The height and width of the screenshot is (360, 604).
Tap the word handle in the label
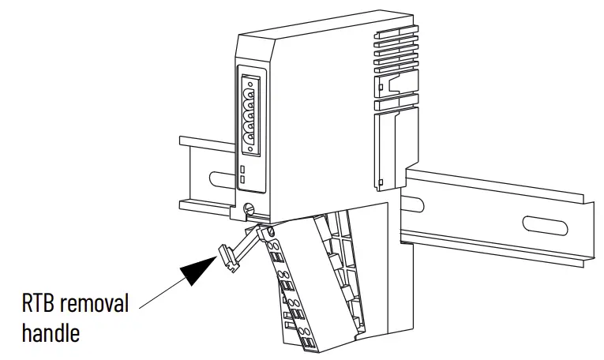click(x=51, y=332)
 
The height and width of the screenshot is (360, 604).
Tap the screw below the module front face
click(x=250, y=210)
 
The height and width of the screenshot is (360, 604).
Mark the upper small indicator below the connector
click(x=242, y=170)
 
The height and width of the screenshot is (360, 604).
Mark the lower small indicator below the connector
click(x=242, y=181)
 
